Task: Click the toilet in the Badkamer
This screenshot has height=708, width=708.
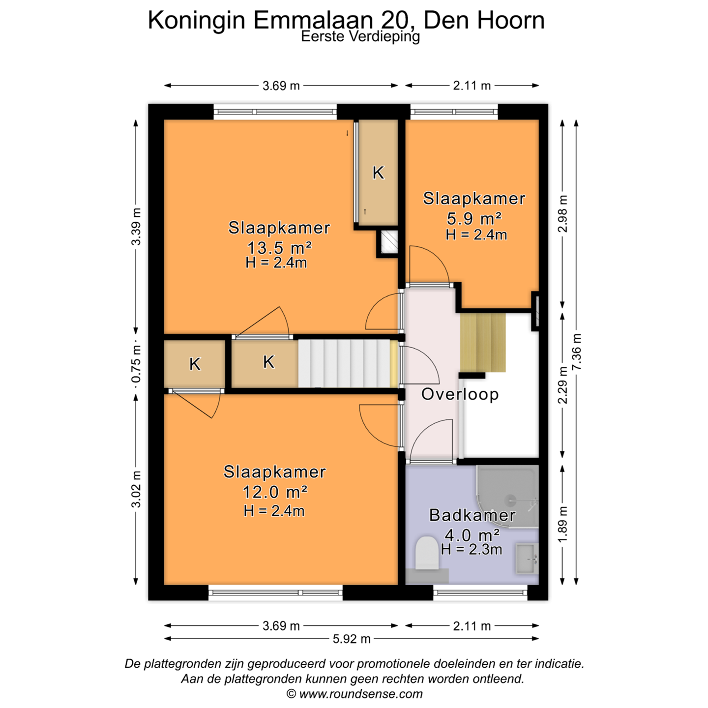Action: pos(426,553)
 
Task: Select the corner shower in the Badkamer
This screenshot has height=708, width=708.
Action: pos(507,497)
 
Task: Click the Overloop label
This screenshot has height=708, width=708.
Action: pos(460,394)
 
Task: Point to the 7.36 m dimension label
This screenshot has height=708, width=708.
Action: pos(577,352)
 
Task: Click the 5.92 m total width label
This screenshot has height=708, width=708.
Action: pos(352,639)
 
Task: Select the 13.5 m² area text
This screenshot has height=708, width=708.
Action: pos(279,248)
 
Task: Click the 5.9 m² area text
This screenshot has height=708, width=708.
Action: pos(473,219)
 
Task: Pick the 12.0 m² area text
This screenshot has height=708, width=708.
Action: pos(274,492)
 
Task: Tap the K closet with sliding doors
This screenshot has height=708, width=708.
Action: pos(378,172)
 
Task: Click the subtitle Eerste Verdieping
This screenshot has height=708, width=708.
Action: pos(360,37)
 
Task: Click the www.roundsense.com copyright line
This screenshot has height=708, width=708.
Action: pos(354,694)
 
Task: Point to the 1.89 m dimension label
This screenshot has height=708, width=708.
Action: pos(562,524)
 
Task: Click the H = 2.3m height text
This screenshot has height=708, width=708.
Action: pos(472,549)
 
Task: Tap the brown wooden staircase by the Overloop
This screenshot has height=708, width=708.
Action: pos(483,342)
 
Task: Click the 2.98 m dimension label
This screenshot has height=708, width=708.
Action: pos(562,214)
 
